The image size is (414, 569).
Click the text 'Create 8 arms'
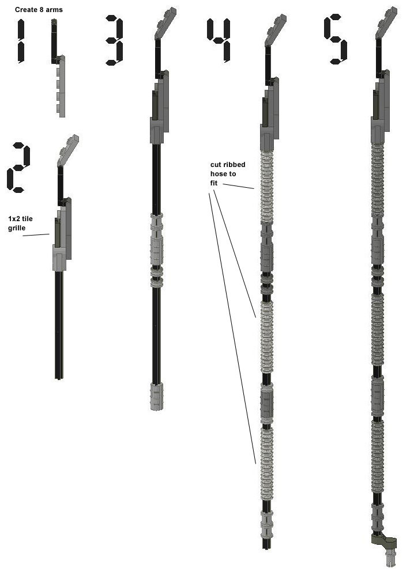(x=39, y=10)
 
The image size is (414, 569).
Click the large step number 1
(x=21, y=41)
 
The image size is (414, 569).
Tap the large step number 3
(x=115, y=40)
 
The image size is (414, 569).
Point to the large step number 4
(x=219, y=40)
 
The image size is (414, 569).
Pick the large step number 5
(x=336, y=39)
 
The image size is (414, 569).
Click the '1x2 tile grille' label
(x=20, y=223)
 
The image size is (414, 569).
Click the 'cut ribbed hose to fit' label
(x=228, y=174)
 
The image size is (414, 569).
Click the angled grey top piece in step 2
(x=68, y=150)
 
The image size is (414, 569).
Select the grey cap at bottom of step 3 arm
(x=157, y=396)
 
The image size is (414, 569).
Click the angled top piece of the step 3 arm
(x=165, y=23)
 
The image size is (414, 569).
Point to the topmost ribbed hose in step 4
(x=266, y=186)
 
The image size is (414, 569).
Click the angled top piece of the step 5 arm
(x=386, y=22)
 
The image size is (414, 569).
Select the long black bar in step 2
(x=59, y=324)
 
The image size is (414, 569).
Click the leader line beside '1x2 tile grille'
(x=36, y=235)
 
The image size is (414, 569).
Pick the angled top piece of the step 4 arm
(x=276, y=30)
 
